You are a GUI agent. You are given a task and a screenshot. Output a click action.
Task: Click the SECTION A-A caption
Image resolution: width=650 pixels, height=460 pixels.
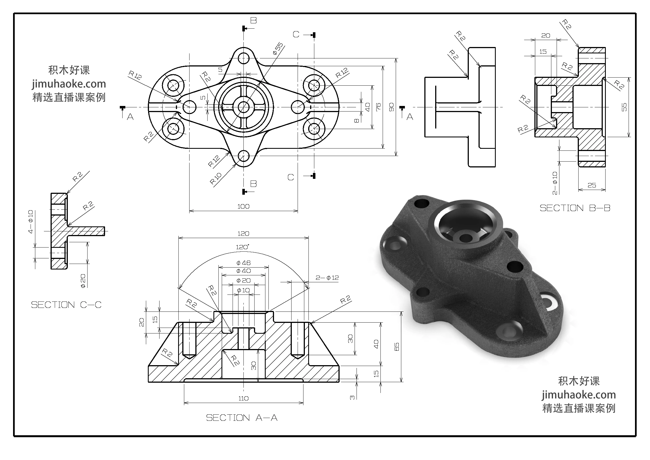[x=241, y=418]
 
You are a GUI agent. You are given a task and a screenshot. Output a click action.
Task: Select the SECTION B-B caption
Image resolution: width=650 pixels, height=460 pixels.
[x=575, y=208]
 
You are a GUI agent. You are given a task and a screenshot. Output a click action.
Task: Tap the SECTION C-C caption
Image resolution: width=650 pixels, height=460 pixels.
[x=66, y=305]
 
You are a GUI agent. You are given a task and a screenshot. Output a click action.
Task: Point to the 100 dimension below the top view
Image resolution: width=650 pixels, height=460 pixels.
[x=243, y=206]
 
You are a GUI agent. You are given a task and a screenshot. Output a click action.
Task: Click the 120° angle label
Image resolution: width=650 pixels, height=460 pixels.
[x=243, y=247]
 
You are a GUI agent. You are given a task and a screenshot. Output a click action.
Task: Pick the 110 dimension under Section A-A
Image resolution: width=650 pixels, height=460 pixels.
[x=243, y=398]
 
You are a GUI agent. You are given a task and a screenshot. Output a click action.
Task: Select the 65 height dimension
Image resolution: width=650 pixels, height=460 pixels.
[x=397, y=347]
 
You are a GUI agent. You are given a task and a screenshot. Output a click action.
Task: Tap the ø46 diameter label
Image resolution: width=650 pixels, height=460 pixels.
[x=243, y=263]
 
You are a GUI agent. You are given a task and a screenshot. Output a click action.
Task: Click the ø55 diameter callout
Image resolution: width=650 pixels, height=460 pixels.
[x=278, y=48]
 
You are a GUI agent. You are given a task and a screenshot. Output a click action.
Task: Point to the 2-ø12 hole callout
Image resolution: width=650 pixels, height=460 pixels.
[x=327, y=278]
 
